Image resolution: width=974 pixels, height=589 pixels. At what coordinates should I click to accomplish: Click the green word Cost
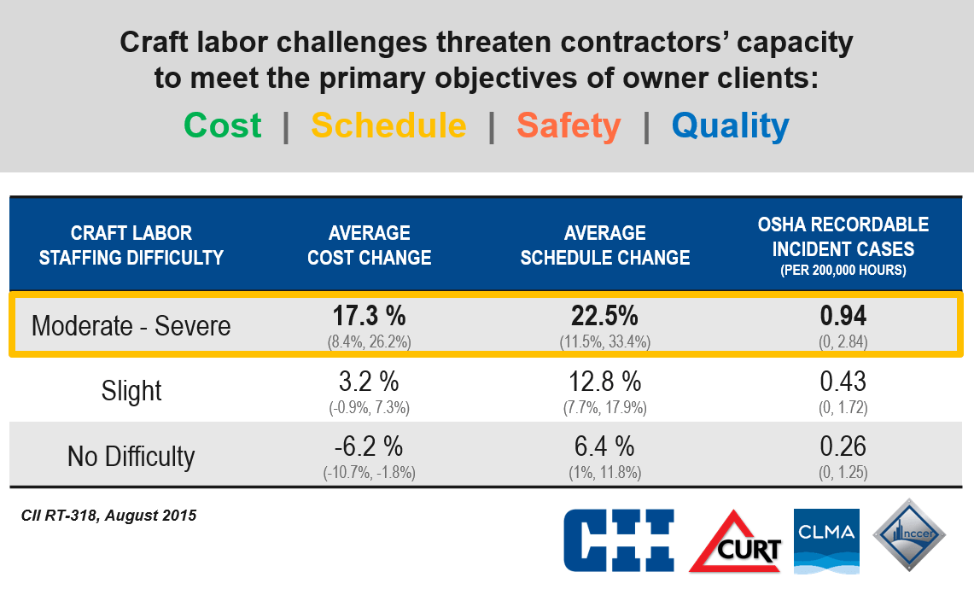(223, 125)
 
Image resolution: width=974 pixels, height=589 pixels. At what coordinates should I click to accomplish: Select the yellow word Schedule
(388, 125)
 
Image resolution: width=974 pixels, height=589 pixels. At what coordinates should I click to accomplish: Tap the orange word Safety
(569, 125)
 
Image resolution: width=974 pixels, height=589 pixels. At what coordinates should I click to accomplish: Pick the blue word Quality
(730, 125)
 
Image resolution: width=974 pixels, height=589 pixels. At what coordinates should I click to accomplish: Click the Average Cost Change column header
(369, 245)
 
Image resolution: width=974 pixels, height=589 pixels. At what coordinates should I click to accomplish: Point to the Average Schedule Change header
(605, 245)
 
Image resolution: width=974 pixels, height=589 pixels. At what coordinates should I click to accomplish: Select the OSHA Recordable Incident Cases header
(843, 246)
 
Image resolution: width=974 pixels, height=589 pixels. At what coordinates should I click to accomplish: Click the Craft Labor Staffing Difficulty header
(131, 245)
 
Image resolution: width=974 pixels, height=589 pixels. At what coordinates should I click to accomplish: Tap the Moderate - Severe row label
(131, 326)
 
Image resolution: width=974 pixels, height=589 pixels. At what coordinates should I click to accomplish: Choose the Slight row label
(131, 391)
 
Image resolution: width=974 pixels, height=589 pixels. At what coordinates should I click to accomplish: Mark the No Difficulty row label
(131, 456)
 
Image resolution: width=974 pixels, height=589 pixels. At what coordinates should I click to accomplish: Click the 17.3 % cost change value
(369, 317)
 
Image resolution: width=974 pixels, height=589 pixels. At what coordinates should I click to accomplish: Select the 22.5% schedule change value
(605, 317)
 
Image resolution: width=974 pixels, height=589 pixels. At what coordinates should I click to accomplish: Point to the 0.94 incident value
(843, 317)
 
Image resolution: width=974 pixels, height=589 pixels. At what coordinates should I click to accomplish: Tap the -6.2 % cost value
(369, 446)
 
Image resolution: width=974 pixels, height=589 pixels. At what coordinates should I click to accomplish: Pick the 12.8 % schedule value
(605, 382)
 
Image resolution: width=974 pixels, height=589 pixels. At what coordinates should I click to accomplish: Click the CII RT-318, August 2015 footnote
(108, 516)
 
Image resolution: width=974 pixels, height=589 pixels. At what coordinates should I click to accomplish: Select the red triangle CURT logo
(737, 541)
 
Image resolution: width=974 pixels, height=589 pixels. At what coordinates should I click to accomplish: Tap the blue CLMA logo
(825, 539)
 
